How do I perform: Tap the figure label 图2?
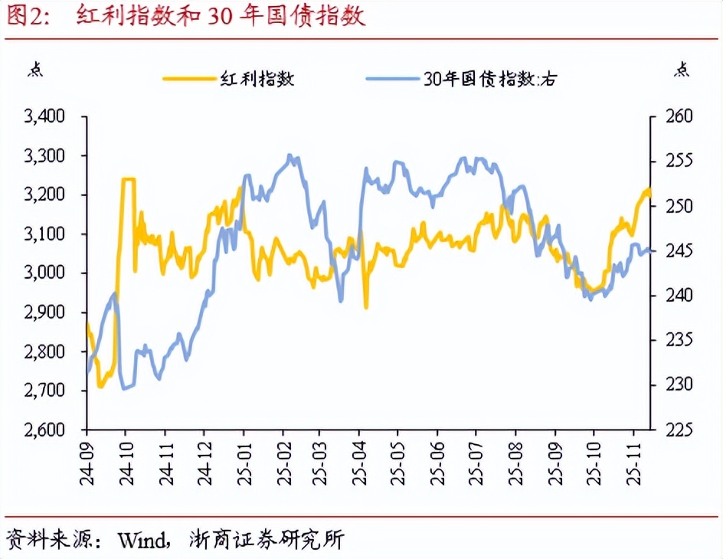[x=28, y=17]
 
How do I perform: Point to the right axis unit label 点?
[x=681, y=70]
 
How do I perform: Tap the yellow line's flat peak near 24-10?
[x=129, y=179]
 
